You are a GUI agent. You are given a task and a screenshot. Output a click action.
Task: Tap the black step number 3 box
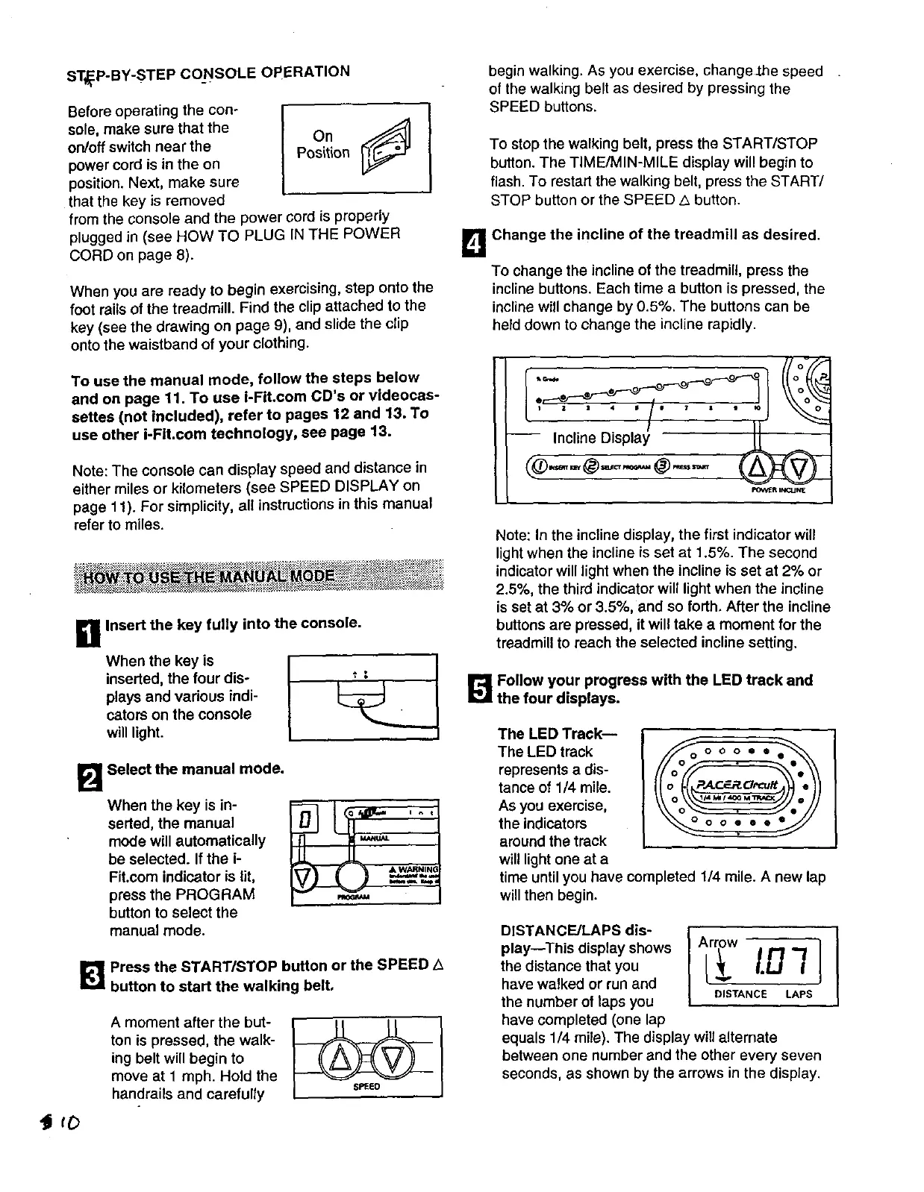point(90,976)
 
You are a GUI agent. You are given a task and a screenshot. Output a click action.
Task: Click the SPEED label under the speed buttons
point(366,1087)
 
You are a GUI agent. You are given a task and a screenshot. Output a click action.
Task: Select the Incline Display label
point(601,437)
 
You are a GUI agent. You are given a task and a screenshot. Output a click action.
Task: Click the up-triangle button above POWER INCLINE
point(755,468)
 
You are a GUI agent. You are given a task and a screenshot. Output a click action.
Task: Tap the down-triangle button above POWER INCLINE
point(801,468)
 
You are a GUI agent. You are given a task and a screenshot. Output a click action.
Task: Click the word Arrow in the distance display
point(717,942)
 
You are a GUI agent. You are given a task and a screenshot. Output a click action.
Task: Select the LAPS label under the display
point(799,994)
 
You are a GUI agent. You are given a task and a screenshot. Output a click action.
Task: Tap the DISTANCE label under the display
point(740,994)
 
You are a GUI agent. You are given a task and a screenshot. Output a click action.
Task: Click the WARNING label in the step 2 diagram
point(420,870)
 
